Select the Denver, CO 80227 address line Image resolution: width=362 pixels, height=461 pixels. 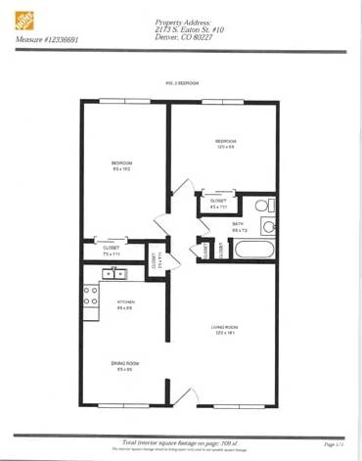[x=190, y=39]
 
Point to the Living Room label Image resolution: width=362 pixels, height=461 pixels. [x=226, y=330]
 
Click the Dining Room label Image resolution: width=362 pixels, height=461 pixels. [x=125, y=365]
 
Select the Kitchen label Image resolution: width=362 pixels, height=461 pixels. [x=125, y=304]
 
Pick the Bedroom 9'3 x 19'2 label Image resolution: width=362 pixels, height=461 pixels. [x=122, y=164]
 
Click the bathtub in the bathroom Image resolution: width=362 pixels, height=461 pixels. [x=255, y=251]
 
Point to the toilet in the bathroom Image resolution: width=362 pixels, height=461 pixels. [x=265, y=207]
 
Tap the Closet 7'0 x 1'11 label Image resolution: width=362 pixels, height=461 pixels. [x=113, y=251]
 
